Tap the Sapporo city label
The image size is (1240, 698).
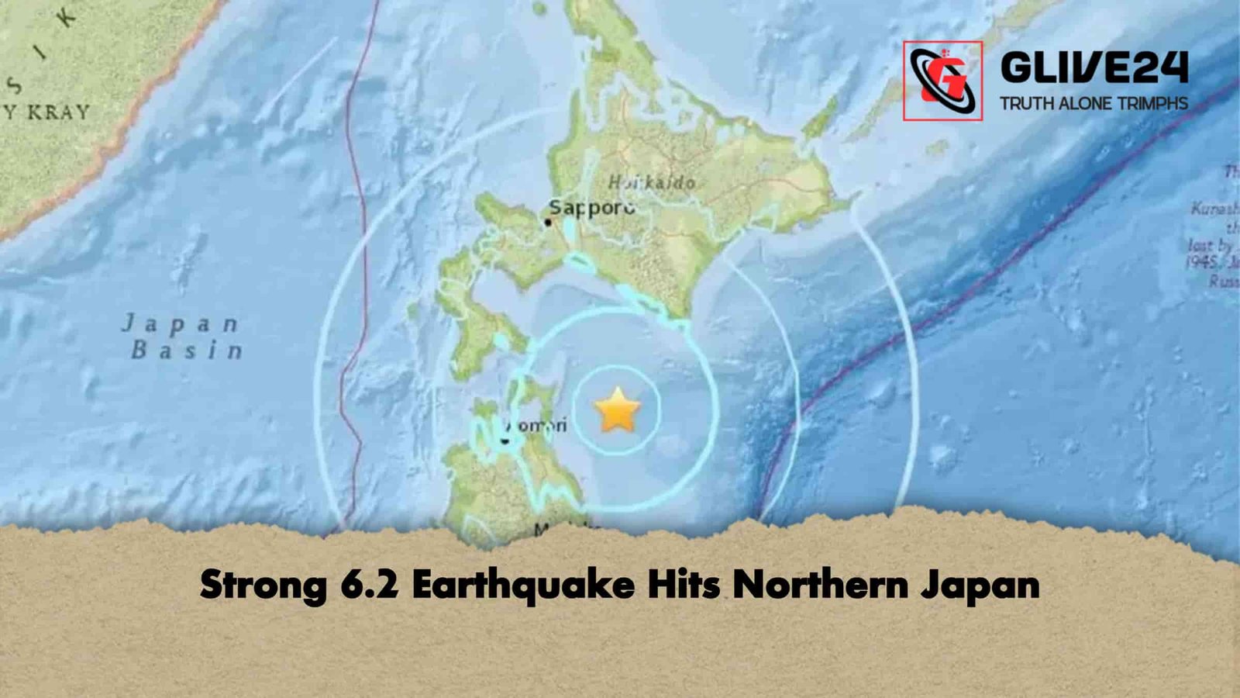coord(592,208)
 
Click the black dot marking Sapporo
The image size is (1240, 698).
coord(548,223)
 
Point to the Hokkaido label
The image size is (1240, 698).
coord(651,183)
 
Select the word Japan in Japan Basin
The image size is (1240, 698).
coord(180,324)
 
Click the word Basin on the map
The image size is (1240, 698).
coord(187,351)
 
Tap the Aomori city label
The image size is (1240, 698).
coord(537,425)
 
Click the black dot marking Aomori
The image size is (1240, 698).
coord(505,441)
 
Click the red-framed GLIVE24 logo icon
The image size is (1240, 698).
coord(942,81)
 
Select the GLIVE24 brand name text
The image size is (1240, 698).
coord(1094,68)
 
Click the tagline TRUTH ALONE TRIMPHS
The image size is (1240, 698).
coord(1094,103)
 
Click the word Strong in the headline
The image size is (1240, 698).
coord(263,584)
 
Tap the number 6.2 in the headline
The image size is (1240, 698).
coord(369,584)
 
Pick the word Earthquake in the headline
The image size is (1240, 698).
coord(523,584)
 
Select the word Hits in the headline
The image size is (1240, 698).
coord(684,584)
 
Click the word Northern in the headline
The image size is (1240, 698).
coord(820,584)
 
